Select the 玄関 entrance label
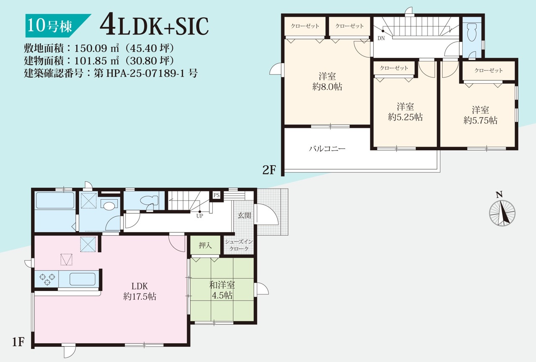(244, 216)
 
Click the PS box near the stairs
(216, 195)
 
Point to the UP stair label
(200, 216)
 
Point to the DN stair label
(381, 38)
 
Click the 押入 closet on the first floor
(205, 245)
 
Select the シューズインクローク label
(239, 245)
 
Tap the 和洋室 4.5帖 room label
(222, 290)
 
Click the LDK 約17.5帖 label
(140, 291)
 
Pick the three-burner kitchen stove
(47, 279)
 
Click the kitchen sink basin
(82, 279)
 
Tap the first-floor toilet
(149, 200)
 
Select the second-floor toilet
(472, 34)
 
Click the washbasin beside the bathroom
(109, 205)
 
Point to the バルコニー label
(327, 149)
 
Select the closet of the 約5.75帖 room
(488, 71)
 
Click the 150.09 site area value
(90, 49)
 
